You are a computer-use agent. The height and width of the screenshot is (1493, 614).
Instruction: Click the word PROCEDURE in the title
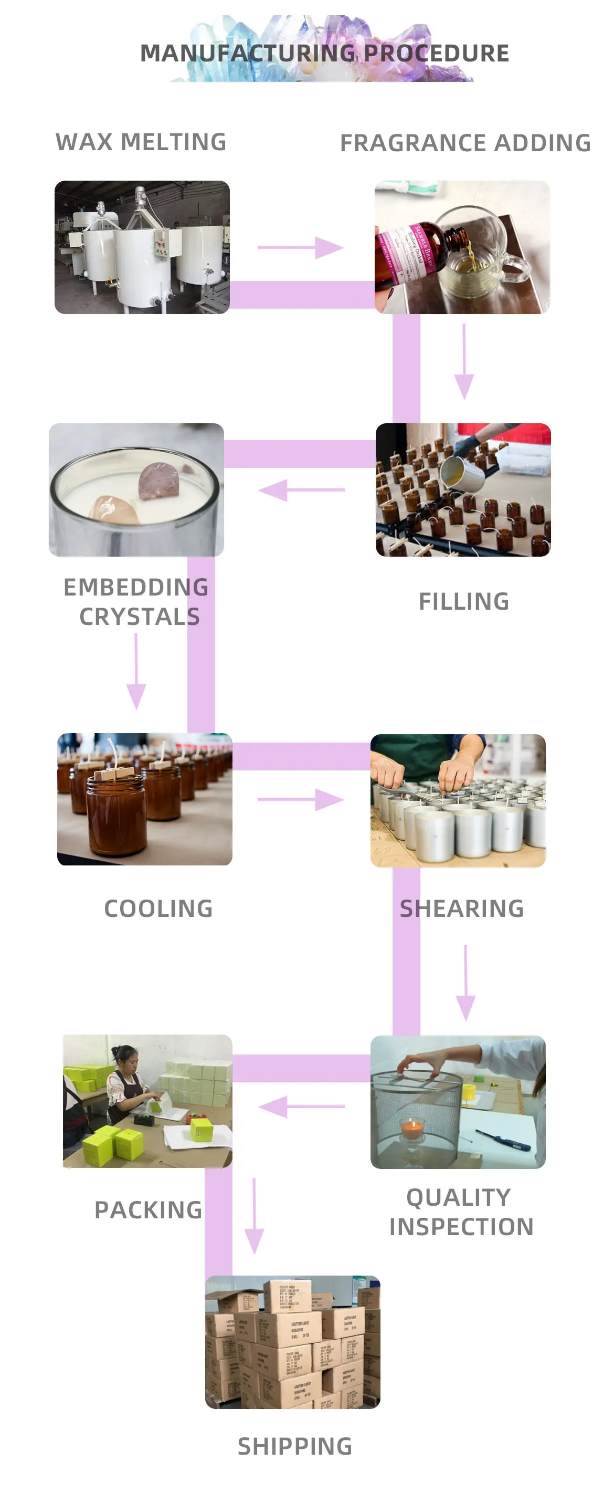click(436, 54)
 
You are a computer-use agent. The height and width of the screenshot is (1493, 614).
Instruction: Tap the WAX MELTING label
click(141, 142)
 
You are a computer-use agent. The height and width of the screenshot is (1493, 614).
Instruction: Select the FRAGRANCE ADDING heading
click(465, 143)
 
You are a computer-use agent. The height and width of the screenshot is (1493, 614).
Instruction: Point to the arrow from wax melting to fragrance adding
click(301, 247)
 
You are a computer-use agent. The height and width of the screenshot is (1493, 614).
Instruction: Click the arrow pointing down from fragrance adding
click(464, 362)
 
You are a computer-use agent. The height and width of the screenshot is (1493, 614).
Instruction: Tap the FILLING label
click(464, 602)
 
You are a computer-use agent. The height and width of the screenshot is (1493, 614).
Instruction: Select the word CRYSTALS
click(140, 617)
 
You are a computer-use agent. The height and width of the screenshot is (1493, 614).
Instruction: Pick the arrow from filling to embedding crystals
click(301, 490)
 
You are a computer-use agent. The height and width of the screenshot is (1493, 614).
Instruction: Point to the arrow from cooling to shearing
click(301, 800)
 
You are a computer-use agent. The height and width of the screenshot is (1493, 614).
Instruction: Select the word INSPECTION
click(461, 1227)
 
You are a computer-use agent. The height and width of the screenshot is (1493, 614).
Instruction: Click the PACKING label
click(149, 1210)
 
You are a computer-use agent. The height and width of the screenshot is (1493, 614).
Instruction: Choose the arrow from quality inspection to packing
click(301, 1106)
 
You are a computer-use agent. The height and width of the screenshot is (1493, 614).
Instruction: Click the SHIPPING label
click(295, 1446)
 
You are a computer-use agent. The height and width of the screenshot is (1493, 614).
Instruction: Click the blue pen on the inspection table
click(503, 1139)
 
